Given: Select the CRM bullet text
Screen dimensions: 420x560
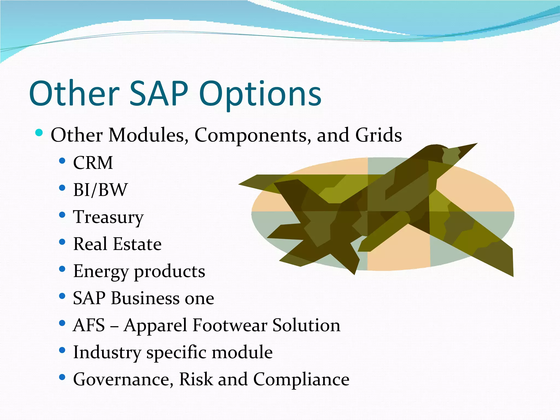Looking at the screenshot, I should pyautogui.click(x=93, y=163).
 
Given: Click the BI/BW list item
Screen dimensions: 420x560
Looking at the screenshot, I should pyautogui.click(x=100, y=189).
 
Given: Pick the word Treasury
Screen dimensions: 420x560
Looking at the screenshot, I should pyautogui.click(x=108, y=217).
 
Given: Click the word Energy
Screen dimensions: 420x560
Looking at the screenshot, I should pyautogui.click(x=100, y=272).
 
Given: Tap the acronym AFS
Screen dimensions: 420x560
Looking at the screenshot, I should pyautogui.click(x=89, y=325).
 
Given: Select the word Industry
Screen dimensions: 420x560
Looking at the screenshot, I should pyautogui.click(x=107, y=352).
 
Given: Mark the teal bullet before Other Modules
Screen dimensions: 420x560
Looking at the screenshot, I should pyautogui.click(x=39, y=133).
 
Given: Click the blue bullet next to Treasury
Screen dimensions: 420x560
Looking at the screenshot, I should pyautogui.click(x=62, y=215).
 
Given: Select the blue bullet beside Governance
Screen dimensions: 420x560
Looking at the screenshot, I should pyautogui.click(x=62, y=377).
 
